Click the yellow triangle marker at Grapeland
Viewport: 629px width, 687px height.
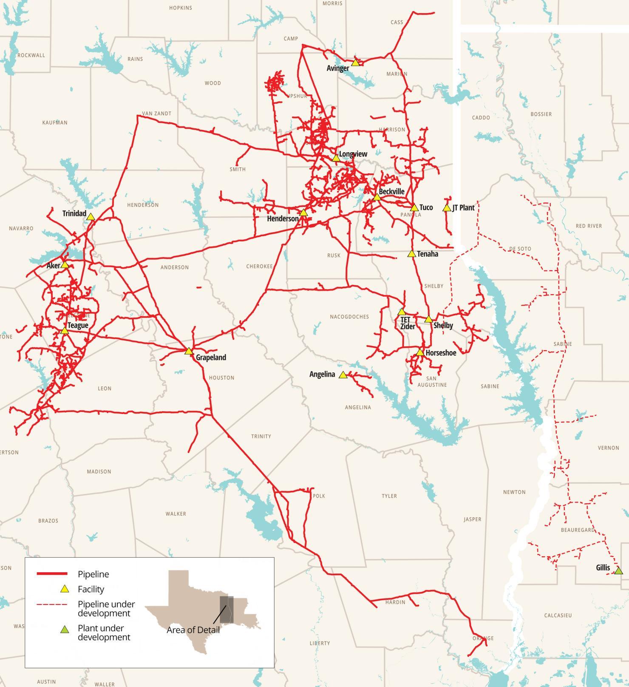[189, 351]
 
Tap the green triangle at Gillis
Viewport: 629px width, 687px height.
[618, 571]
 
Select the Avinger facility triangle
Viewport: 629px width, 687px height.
[356, 62]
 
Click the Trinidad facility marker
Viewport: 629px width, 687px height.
[91, 217]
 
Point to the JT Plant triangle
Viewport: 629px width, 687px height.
[447, 208]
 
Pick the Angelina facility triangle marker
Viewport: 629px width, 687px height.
[343, 375]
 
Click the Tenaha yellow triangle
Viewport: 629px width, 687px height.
[411, 254]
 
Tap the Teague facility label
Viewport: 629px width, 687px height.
[78, 325]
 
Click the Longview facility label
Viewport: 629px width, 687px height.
[353, 154]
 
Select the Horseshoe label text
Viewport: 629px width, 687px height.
[441, 353]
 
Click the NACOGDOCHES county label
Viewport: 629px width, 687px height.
[349, 317]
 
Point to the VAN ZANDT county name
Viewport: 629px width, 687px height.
[156, 114]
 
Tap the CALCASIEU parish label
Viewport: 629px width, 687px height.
[558, 615]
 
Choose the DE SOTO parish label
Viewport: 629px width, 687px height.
[520, 249]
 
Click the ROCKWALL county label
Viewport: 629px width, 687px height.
[31, 55]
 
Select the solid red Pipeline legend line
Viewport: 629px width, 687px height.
[52, 574]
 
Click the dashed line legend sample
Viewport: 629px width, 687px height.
[52, 604]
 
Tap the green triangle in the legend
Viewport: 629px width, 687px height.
[65, 629]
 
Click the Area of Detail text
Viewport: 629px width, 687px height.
[193, 630]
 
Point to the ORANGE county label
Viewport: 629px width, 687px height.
[483, 638]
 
